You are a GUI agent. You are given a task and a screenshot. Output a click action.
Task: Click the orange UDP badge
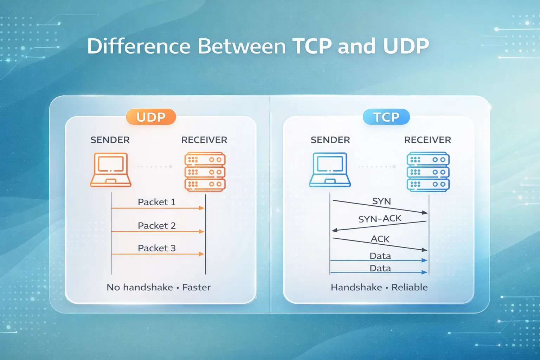[x=151, y=117]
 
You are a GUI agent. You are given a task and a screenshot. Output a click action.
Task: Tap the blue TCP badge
[x=386, y=117]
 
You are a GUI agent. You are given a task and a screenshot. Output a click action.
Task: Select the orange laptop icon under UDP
[x=111, y=170]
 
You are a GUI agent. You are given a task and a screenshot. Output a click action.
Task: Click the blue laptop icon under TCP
[x=330, y=170]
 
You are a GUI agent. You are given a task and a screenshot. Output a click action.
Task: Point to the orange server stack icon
[x=205, y=172]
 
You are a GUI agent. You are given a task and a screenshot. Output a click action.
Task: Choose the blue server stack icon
[x=428, y=172]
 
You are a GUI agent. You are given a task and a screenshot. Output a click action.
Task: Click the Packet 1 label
[x=156, y=202]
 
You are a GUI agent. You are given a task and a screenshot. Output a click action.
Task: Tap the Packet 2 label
[x=156, y=226]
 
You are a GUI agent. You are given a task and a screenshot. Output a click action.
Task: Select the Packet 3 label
[x=156, y=248]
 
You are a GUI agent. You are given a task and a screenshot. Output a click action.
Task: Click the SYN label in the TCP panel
[x=381, y=201]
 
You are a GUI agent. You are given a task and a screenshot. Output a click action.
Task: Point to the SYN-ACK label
[x=380, y=219]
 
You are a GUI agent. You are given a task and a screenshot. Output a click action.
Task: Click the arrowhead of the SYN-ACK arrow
[x=334, y=230]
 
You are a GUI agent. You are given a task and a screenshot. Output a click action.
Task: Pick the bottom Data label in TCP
[x=380, y=268]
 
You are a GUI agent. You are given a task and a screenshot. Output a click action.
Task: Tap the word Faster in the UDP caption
[x=197, y=288]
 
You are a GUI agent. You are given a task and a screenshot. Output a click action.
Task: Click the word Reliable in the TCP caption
[x=410, y=288]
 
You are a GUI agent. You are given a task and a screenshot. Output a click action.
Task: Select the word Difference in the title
[x=139, y=46]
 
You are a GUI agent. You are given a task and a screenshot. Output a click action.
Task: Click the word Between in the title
[x=242, y=46]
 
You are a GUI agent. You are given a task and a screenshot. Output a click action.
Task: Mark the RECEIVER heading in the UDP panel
[x=204, y=140]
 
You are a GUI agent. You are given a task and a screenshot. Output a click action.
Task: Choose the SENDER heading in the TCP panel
[x=330, y=140]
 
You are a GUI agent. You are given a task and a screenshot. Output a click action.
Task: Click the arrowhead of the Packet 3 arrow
[x=202, y=254]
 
